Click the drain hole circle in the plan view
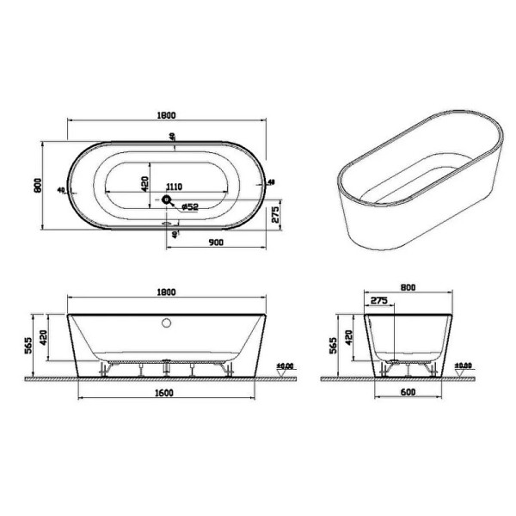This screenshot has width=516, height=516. [167, 200]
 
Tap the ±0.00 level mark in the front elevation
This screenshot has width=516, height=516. [285, 366]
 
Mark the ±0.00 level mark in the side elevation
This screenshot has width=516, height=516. [462, 366]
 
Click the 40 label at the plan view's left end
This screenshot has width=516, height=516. [60, 189]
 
